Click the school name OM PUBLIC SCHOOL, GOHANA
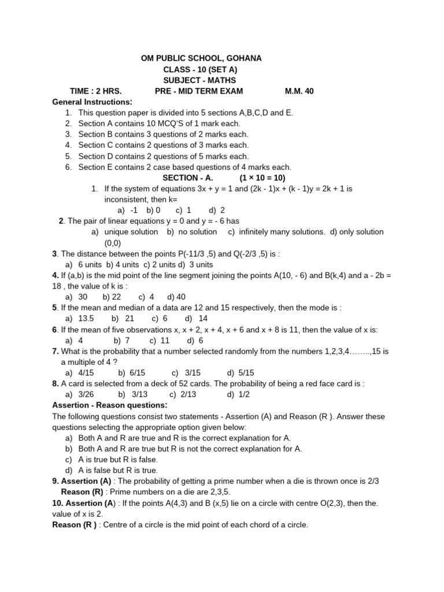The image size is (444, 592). click(201, 58)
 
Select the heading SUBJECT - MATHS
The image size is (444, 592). click(199, 80)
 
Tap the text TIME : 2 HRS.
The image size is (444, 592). click(95, 91)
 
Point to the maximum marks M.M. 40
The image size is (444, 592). click(299, 91)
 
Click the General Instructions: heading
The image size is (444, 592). click(92, 102)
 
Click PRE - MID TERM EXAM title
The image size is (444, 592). click(199, 91)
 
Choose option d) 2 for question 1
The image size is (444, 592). click(217, 210)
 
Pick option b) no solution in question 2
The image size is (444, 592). click(192, 232)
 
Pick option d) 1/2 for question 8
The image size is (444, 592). click(238, 394)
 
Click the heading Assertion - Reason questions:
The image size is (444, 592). click(110, 405)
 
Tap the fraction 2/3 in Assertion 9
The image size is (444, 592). click(373, 481)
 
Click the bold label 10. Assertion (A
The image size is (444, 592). click(84, 503)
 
